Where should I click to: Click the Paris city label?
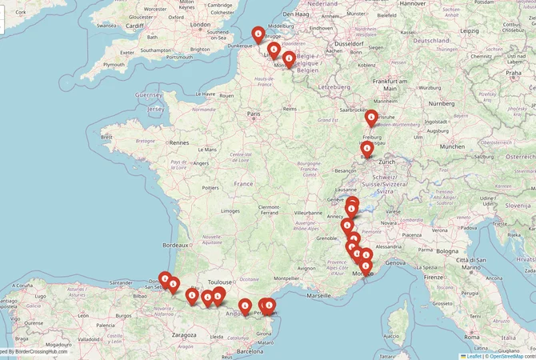(254, 114)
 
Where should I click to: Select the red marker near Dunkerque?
(258, 35)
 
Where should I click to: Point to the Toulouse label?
(219, 282)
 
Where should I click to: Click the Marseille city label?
(318, 295)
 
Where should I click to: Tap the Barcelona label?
(249, 351)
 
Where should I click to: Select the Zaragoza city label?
(183, 335)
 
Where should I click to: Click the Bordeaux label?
(174, 244)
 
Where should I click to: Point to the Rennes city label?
(179, 142)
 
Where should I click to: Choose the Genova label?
(396, 262)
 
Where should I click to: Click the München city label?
(452, 146)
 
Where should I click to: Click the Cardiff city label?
(134, 25)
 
